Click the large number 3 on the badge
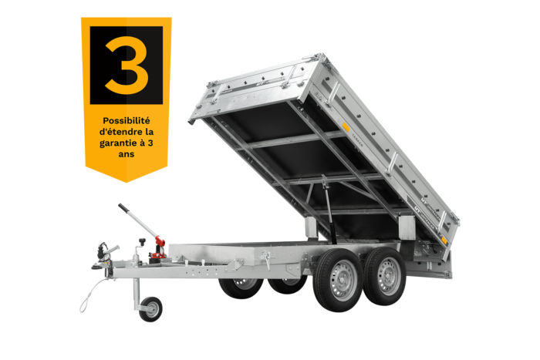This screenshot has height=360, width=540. click(127, 65)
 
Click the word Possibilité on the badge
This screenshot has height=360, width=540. click(127, 121)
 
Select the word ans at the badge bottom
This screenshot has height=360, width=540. click(127, 154)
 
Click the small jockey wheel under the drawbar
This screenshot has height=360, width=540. click(150, 309)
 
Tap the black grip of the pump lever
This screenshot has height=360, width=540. click(123, 209)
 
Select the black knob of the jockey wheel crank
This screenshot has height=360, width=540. click(142, 241)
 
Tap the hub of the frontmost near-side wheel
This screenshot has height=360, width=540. click(342, 281)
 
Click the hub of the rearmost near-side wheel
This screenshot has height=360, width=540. click(389, 276)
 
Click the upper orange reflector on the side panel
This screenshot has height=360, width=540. click(346, 127)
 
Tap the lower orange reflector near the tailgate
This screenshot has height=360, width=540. click(444, 241)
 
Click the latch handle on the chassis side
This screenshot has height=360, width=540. click(266, 259)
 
